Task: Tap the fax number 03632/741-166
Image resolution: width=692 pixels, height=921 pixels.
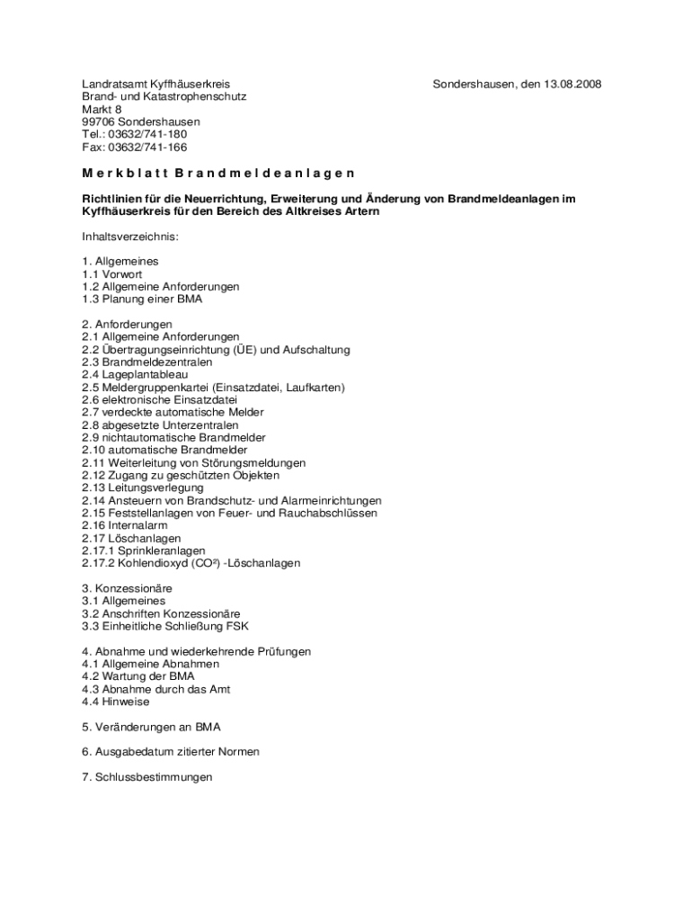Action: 147,148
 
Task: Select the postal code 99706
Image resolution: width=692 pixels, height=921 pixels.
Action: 98,122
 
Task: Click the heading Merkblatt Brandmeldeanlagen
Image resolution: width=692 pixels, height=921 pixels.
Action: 218,173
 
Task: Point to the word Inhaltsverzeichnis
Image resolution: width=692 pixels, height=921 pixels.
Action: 130,237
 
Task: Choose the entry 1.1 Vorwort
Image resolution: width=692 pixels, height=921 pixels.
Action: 112,274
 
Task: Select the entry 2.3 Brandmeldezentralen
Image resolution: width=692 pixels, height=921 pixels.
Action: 147,362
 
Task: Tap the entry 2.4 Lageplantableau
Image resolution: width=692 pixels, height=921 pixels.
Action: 135,375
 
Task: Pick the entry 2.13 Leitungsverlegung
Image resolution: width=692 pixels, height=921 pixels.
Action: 142,487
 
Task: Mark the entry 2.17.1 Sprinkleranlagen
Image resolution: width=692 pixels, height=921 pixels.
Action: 144,550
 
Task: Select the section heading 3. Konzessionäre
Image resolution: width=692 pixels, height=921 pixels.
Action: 127,588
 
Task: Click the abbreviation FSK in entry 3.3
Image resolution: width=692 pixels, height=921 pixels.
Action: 237,626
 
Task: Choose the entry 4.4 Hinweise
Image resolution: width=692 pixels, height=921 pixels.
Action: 116,702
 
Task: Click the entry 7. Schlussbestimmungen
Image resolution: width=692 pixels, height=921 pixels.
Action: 147,777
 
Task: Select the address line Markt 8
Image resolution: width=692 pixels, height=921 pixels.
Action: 102,110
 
